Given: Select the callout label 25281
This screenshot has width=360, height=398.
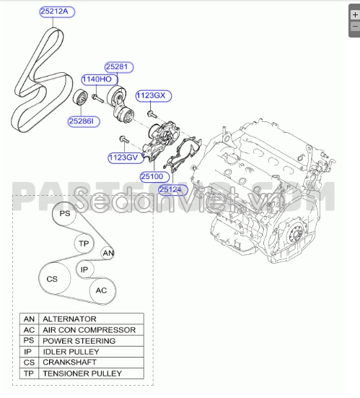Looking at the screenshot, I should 117,67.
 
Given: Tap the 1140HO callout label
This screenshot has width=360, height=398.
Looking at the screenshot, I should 96,79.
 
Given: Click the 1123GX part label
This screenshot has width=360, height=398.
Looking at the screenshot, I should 152,95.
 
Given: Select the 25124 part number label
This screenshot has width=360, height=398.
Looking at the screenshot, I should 174,189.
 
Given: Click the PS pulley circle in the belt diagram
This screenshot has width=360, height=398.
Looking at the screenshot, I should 65,215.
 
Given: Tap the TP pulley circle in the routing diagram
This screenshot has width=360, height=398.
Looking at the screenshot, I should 84,243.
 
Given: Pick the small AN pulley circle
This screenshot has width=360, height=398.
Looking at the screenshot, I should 107,254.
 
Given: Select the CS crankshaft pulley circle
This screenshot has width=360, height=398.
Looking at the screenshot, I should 52,278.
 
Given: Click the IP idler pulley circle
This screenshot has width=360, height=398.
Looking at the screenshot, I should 84,269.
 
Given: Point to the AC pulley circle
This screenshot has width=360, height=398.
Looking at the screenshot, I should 102,290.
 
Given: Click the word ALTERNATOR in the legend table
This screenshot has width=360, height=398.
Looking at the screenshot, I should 69,319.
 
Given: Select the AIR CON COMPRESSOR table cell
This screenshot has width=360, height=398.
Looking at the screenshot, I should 89,329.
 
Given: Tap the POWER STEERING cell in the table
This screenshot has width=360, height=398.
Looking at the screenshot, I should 79,340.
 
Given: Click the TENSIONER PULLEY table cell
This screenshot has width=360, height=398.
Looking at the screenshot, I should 82,373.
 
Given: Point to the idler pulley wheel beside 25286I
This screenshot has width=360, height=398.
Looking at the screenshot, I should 82,100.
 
